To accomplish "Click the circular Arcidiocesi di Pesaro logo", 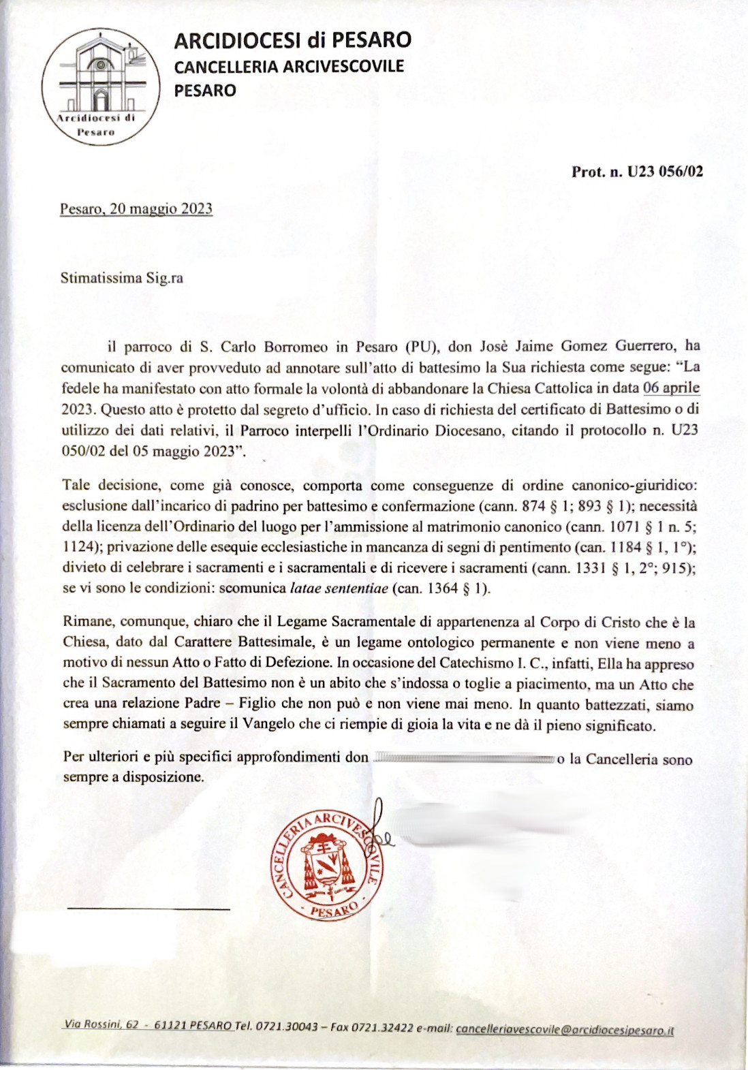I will tap(100, 86).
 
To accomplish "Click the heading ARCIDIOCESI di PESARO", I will tap(292, 40).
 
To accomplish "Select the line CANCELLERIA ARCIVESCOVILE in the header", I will tap(289, 67).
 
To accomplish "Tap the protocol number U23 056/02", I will tap(665, 171).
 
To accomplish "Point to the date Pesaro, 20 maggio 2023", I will tap(136, 208).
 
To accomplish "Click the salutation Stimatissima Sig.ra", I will tap(121, 278).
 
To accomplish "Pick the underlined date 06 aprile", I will tap(671, 388).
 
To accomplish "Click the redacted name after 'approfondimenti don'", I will tap(463, 758).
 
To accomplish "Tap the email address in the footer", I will tap(565, 1030).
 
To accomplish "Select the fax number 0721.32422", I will tap(381, 1028).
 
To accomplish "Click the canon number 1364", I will tap(442, 588).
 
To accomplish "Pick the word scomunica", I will tap(253, 588).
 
